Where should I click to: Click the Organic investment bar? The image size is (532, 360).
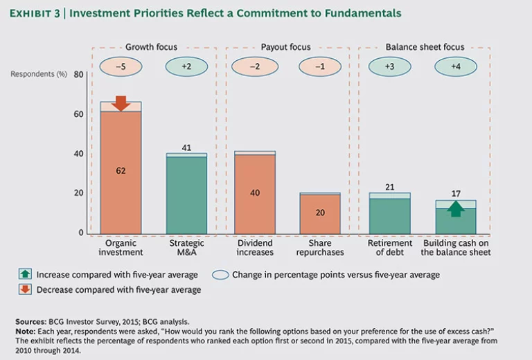pyautogui.click(x=121, y=172)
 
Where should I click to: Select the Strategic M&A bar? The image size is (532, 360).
pyautogui.click(x=186, y=195)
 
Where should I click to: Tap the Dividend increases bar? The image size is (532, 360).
pyautogui.click(x=255, y=194)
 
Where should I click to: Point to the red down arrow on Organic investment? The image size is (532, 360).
pyautogui.click(x=121, y=103)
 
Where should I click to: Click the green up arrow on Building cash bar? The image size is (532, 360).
pyautogui.click(x=455, y=208)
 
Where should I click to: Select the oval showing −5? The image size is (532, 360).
pyautogui.click(x=121, y=66)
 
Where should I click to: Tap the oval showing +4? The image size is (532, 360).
pyautogui.click(x=455, y=66)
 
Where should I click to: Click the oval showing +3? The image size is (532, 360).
pyautogui.click(x=389, y=66)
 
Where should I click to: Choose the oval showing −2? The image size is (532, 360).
pyautogui.click(x=254, y=66)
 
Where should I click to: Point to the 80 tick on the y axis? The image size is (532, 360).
pyautogui.click(x=78, y=75)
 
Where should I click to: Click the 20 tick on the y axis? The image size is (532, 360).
pyautogui.click(x=78, y=193)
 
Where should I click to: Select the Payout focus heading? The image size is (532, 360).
pyautogui.click(x=285, y=47)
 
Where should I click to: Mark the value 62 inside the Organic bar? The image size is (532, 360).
pyautogui.click(x=121, y=170)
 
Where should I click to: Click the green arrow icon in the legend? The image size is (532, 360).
pyautogui.click(x=24, y=275)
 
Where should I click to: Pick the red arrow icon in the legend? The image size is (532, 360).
pyautogui.click(x=24, y=289)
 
